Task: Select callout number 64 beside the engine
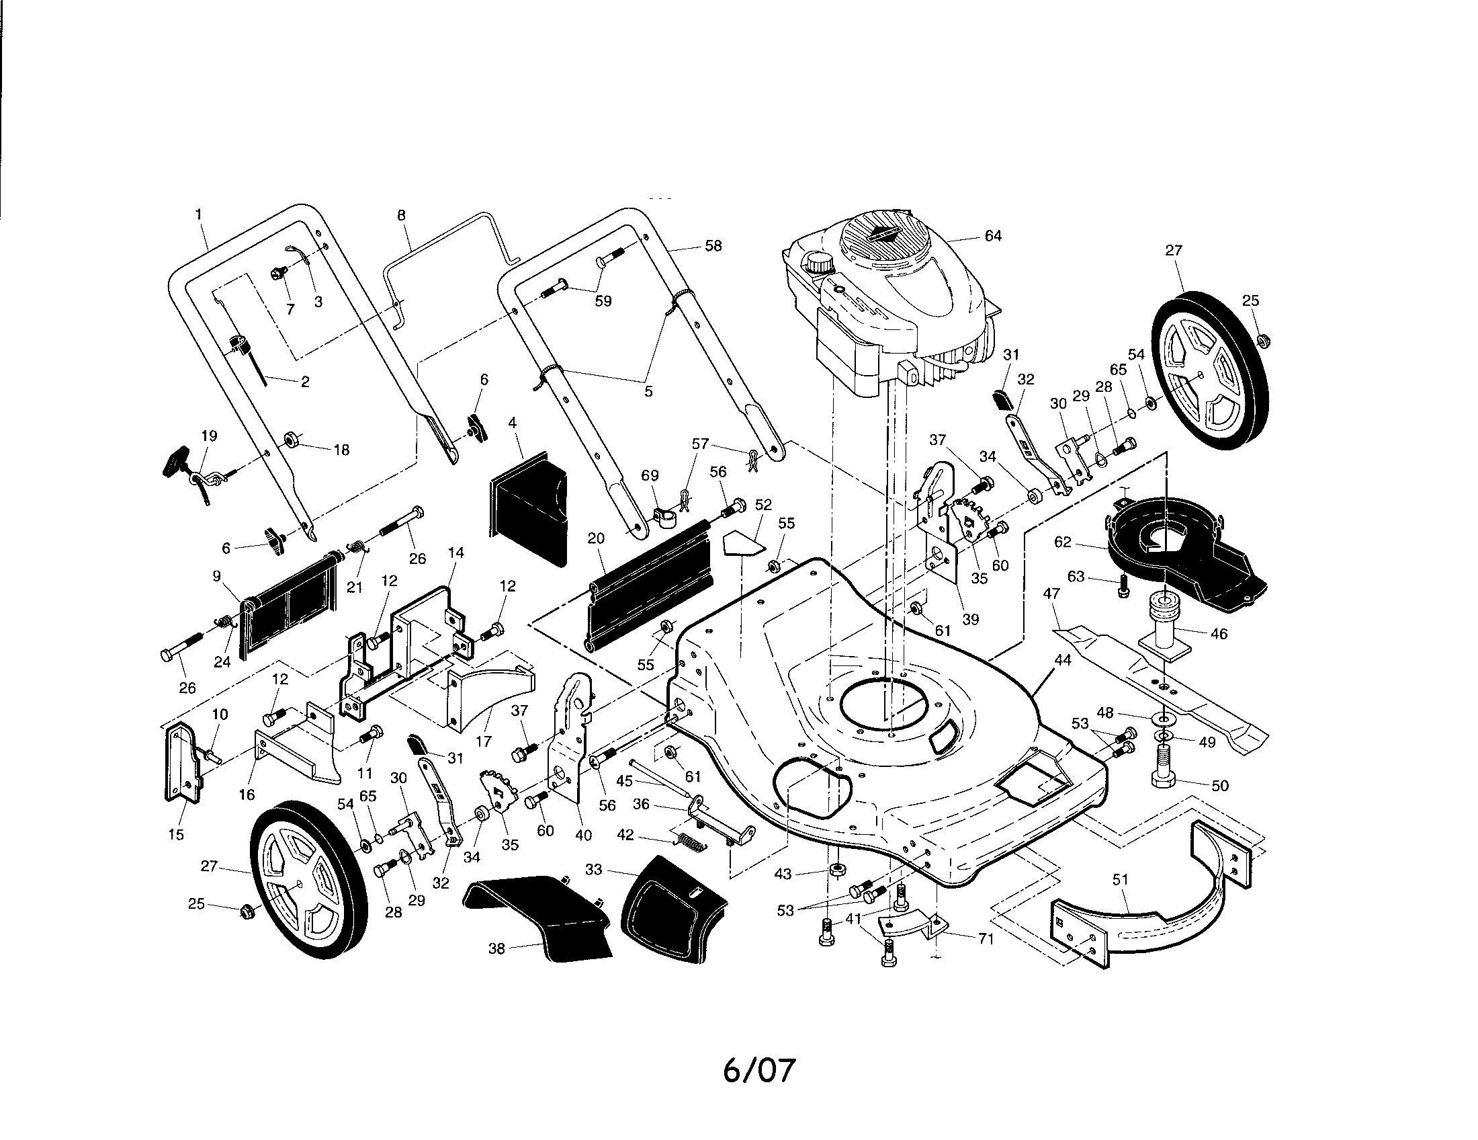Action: pyautogui.click(x=993, y=236)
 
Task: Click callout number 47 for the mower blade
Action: pyautogui.click(x=1051, y=594)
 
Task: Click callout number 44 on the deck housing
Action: pyautogui.click(x=1063, y=659)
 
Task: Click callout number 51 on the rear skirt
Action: pyautogui.click(x=1121, y=879)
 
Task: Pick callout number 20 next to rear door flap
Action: pyautogui.click(x=595, y=538)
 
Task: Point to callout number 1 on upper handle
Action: pyautogui.click(x=198, y=214)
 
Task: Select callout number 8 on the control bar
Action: pyautogui.click(x=401, y=214)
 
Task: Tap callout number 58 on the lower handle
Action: pyautogui.click(x=713, y=246)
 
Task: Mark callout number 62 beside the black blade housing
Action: pyautogui.click(x=1063, y=542)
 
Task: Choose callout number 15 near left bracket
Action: pyautogui.click(x=175, y=835)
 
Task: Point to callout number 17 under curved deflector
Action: pyautogui.click(x=483, y=741)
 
